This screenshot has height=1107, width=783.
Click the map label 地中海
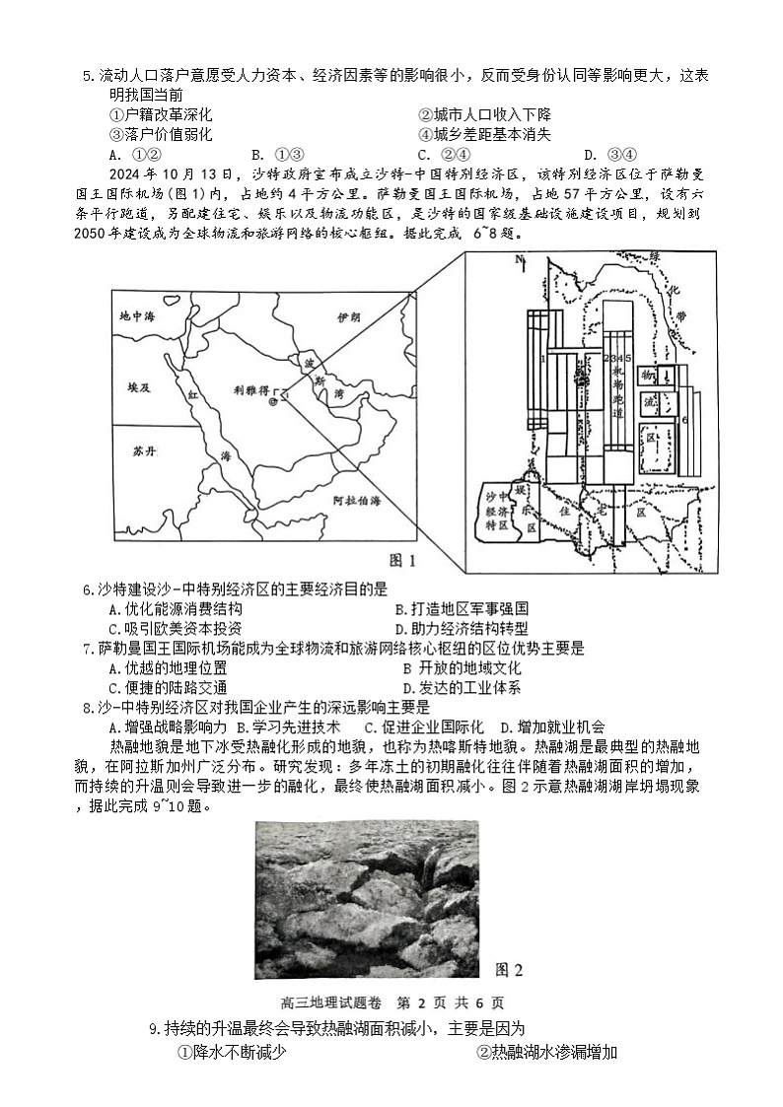[137, 317]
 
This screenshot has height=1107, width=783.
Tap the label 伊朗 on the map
[349, 317]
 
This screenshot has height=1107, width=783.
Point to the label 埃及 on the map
[139, 388]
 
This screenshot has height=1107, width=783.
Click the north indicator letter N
[516, 259]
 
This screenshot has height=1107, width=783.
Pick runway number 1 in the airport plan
[543, 359]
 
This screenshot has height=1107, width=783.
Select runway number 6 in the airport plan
[683, 420]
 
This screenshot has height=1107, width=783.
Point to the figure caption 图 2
[508, 970]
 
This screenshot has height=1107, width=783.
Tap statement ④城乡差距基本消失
[484, 134]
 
